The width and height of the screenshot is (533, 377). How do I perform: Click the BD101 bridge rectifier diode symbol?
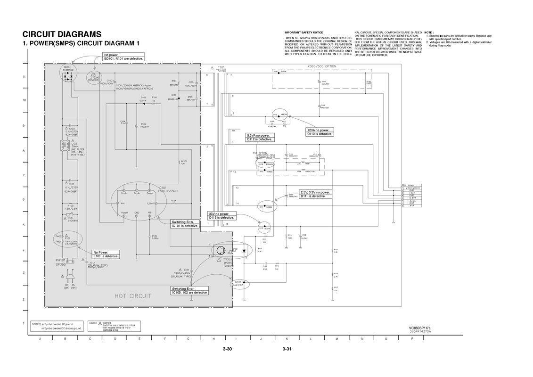pyautogui.click(x=69, y=76)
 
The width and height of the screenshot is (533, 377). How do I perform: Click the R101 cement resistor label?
pyautogui.click(x=94, y=78)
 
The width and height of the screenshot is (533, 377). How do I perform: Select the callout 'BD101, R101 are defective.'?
pyautogui.click(x=123, y=58)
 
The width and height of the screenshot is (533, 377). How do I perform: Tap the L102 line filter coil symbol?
pyautogui.click(x=63, y=146)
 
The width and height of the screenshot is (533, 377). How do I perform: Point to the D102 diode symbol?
pyautogui.click(x=143, y=104)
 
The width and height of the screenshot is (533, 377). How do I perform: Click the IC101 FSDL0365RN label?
pyautogui.click(x=169, y=189)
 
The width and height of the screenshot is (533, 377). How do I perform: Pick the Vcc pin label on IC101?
pyautogui.click(x=123, y=204)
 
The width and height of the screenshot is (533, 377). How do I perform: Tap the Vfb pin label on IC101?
pyautogui.click(x=149, y=213)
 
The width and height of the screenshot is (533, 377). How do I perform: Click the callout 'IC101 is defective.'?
pyautogui.click(x=185, y=226)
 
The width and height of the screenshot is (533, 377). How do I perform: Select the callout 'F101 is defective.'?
pyautogui.click(x=106, y=256)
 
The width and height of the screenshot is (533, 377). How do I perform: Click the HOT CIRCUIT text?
pyautogui.click(x=133, y=296)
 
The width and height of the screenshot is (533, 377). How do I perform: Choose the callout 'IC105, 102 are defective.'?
pyautogui.click(x=189, y=293)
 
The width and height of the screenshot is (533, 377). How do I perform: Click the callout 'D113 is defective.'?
pyautogui.click(x=221, y=217)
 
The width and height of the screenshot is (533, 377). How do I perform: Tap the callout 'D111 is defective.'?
pyautogui.click(x=316, y=196)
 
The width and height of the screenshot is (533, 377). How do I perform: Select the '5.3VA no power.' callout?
pyautogui.click(x=259, y=135)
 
